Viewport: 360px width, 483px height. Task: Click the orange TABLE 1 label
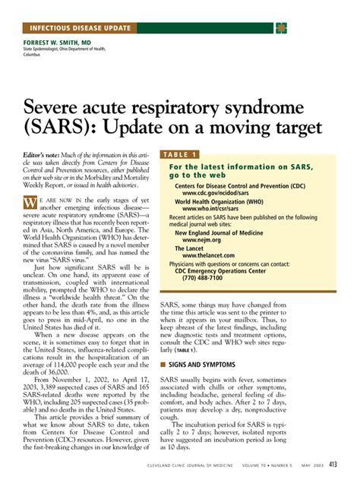pyautogui.click(x=180, y=154)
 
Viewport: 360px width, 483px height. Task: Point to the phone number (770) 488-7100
pyautogui.click(x=203, y=277)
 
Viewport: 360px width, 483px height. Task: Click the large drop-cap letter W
pyautogui.click(x=30, y=203)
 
